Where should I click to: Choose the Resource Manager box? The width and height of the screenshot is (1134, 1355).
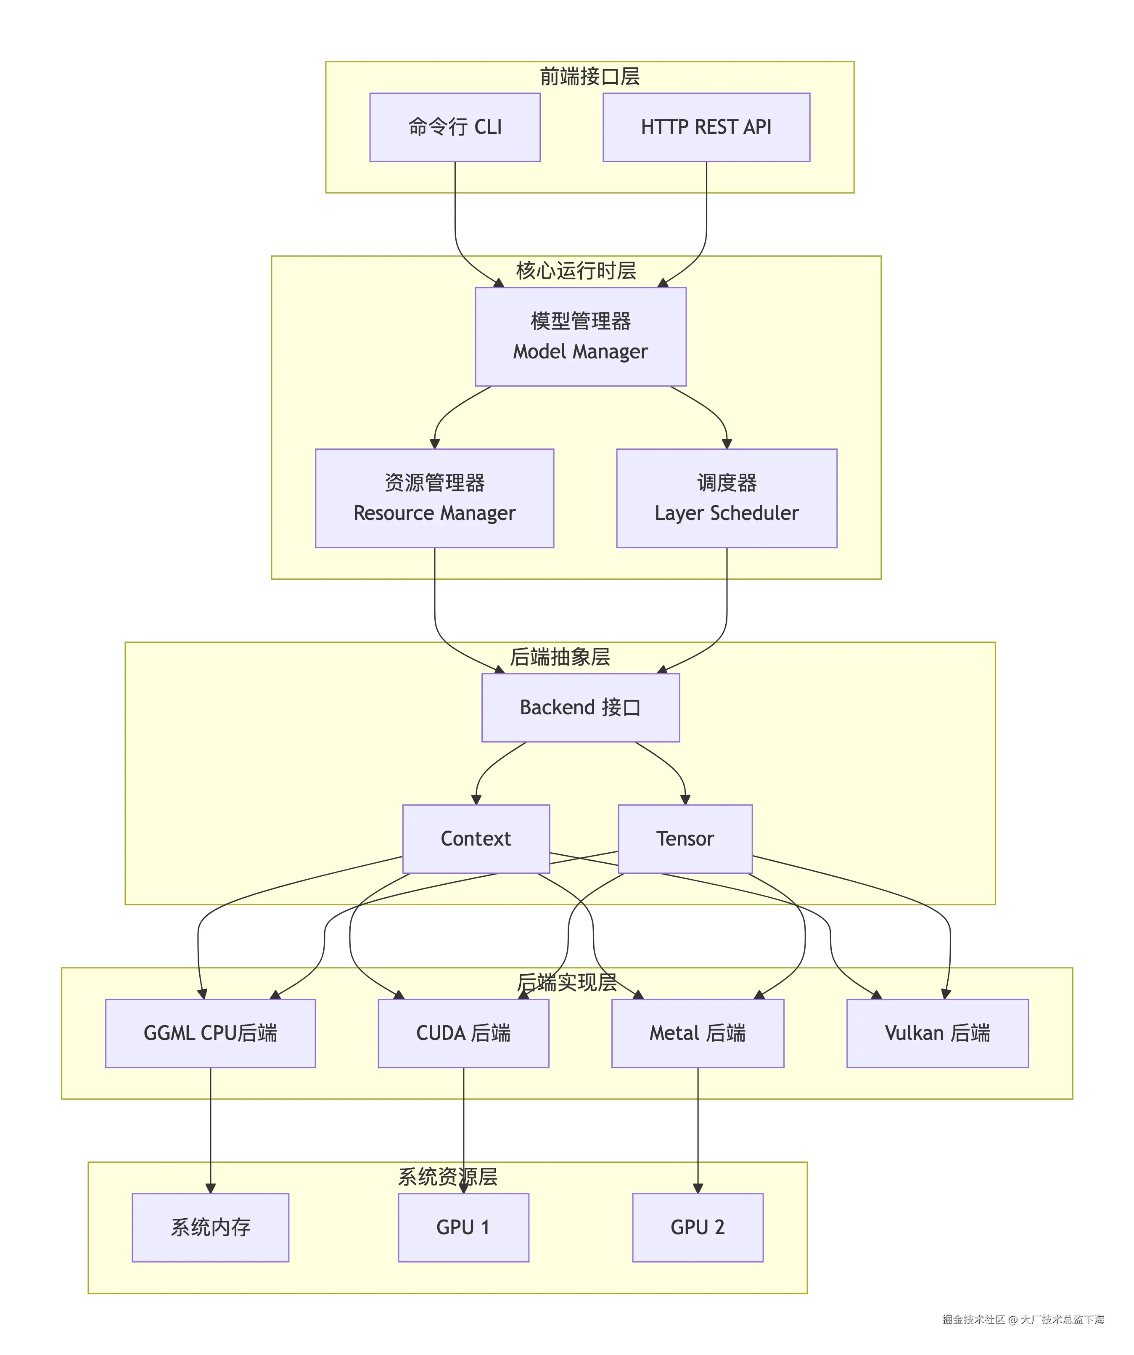(x=434, y=498)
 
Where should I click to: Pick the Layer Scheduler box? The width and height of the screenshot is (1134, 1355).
(x=726, y=498)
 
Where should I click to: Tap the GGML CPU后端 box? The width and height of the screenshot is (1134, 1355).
(x=210, y=1033)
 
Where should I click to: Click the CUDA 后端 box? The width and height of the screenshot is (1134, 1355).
(x=463, y=1033)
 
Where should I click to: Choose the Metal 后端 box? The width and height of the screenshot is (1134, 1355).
(x=697, y=1033)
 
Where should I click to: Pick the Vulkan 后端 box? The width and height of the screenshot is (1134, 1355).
(x=937, y=1033)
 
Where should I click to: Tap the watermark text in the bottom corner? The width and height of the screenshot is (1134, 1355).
(x=1023, y=1320)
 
